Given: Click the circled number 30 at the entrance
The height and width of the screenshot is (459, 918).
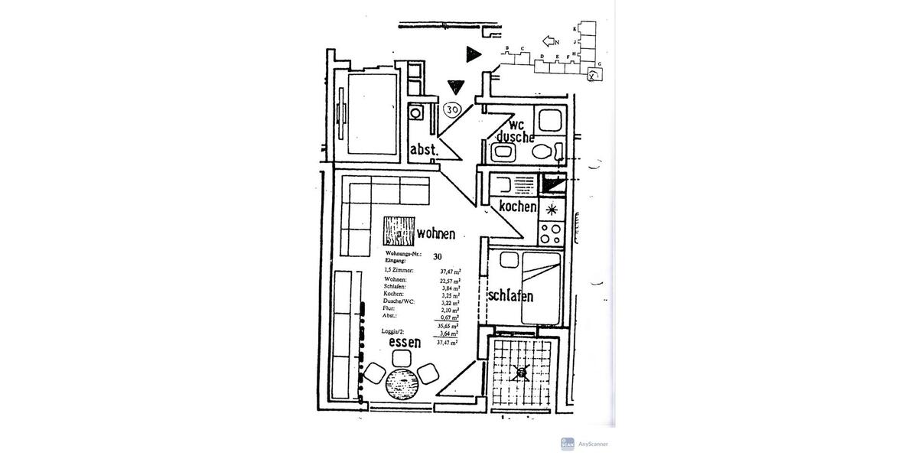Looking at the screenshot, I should point(453,110).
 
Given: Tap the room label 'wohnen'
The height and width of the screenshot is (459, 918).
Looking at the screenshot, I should point(436,233).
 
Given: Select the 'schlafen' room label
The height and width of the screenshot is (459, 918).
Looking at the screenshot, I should point(510,295).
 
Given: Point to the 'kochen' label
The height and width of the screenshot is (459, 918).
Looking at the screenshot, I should point(517,207).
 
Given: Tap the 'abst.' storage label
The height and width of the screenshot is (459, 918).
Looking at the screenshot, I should point(425,150).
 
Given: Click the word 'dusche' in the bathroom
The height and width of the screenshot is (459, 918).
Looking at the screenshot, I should point(514,137).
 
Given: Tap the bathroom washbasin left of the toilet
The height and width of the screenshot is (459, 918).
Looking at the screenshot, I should point(504,152).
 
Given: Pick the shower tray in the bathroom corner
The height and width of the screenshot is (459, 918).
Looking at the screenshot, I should point(549,119).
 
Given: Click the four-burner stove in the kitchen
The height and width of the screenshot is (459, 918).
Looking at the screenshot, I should point(549,233).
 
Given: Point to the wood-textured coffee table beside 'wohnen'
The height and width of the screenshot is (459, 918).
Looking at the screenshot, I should point(397,233).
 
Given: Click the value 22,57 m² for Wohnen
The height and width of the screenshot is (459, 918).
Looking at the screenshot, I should point(449,280).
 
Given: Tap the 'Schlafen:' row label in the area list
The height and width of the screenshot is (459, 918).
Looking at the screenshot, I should point(396,287).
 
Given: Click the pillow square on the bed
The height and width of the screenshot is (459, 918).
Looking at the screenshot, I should point(508,261).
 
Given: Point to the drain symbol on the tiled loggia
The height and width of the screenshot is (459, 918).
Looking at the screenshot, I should point(522,373).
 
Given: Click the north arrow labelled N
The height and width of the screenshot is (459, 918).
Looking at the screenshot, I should point(552,41).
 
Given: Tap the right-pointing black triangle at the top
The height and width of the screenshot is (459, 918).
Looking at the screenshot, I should point(474,53).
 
